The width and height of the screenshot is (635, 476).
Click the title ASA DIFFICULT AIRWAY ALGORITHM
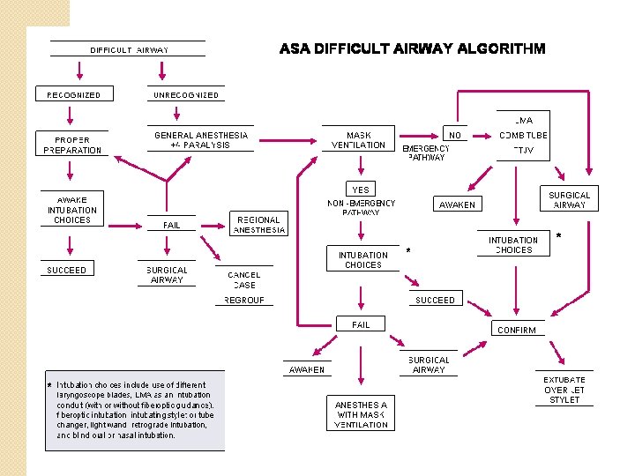[x=412, y=48]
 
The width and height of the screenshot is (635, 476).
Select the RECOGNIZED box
[x=72, y=94]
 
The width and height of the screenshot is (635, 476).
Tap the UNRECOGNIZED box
[x=186, y=94]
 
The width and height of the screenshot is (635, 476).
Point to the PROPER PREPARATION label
[x=72, y=145]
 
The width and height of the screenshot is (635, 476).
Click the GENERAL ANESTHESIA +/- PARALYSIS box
[x=201, y=140]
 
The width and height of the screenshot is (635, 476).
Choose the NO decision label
[x=455, y=135]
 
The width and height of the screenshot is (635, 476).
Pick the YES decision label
[x=361, y=190]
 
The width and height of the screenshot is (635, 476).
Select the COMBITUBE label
[x=523, y=135]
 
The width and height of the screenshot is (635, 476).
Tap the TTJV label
[x=523, y=150]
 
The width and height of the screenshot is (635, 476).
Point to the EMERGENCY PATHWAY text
[x=427, y=153]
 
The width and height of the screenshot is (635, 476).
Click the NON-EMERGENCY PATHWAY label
[x=362, y=208]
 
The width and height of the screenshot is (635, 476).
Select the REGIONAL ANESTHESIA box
[x=259, y=225]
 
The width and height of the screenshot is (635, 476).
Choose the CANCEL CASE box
[x=244, y=280]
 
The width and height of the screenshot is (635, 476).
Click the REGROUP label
[x=244, y=300]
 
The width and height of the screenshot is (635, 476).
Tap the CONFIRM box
[x=517, y=330]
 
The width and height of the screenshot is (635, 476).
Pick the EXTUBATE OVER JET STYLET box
[x=564, y=390]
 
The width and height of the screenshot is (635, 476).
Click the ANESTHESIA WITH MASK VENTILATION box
[x=362, y=414]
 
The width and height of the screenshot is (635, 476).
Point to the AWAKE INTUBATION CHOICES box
[x=72, y=210]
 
